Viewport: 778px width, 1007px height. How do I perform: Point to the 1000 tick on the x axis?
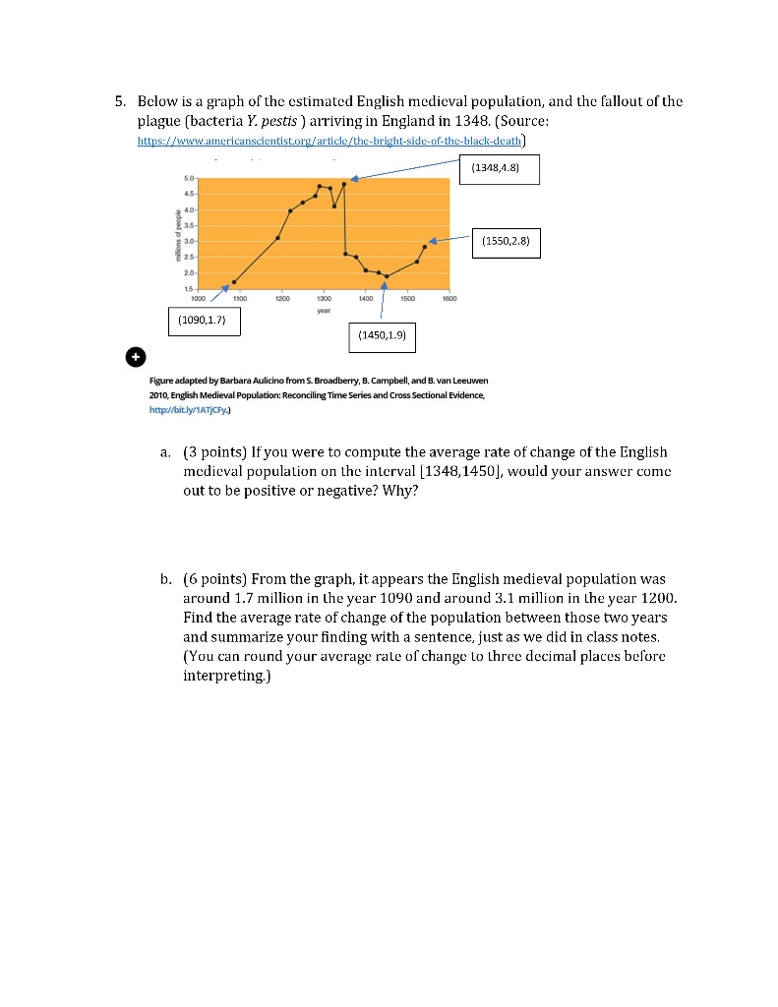(198, 296)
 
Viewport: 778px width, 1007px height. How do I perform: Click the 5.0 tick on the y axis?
(188, 178)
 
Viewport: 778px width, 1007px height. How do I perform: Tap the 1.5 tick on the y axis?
(188, 288)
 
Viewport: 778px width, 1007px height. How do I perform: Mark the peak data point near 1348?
(344, 184)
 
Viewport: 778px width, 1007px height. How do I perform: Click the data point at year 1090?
(234, 281)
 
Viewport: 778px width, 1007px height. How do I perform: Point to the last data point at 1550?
(425, 247)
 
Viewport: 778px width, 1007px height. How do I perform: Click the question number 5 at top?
(118, 100)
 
